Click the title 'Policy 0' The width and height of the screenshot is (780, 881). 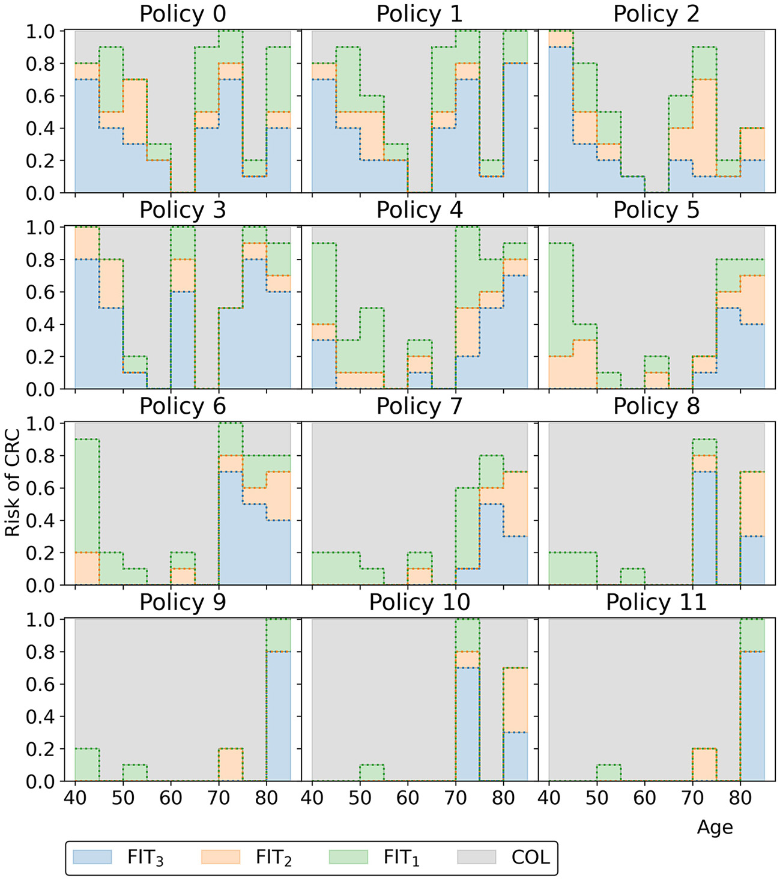click(183, 14)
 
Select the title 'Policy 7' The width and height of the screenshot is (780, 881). click(419, 406)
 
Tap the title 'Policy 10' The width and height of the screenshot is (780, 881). click(419, 602)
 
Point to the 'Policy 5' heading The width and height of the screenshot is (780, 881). click(656, 210)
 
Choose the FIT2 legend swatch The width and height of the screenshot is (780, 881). click(220, 857)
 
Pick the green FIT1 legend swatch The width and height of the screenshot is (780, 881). click(348, 857)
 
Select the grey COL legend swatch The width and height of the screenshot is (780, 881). click(476, 857)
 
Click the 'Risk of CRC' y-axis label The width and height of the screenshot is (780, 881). click(13, 482)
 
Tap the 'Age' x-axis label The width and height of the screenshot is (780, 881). click(715, 827)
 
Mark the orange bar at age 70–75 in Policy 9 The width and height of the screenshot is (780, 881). click(231, 764)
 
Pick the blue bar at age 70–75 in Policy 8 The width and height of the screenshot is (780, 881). click(705, 528)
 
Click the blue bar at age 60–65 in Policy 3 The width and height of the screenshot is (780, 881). click(183, 341)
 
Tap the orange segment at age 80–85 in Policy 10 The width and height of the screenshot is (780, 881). click(515, 700)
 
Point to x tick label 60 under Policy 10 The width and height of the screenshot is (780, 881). click(408, 798)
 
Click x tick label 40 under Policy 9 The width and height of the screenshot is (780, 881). click(75, 798)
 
